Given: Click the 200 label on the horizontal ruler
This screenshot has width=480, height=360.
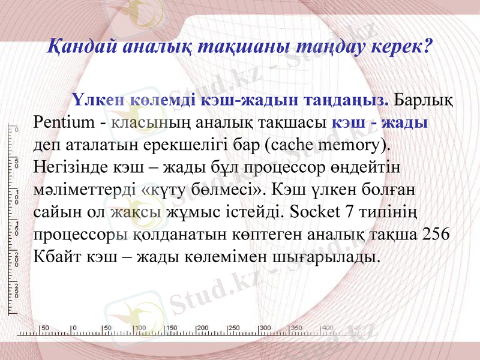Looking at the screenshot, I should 202,328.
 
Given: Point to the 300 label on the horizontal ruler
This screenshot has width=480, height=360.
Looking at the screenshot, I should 265,328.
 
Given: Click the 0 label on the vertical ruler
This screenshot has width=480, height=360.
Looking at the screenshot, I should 16,129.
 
